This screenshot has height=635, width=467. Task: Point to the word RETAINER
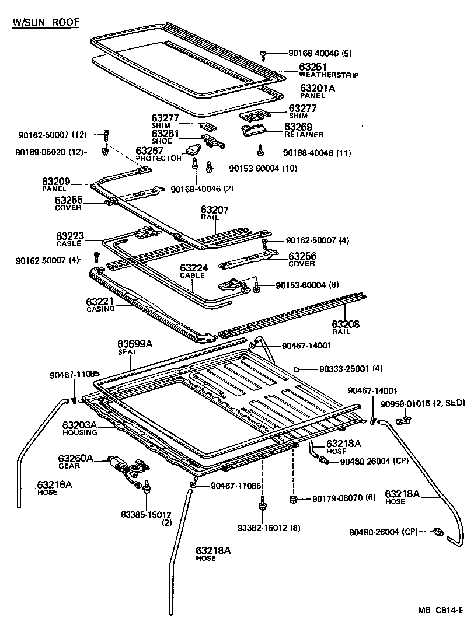click(x=304, y=135)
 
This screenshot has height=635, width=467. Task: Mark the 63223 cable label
click(x=70, y=236)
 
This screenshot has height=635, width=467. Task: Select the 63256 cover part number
click(x=302, y=256)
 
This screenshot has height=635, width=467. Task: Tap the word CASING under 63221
click(x=100, y=309)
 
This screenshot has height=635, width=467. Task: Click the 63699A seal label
click(x=135, y=344)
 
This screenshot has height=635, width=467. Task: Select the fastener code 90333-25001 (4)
click(x=343, y=369)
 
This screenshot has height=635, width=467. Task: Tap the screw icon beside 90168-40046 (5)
click(x=264, y=54)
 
